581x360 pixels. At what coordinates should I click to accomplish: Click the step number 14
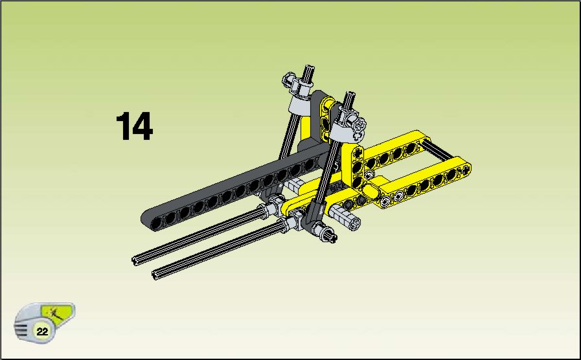(x=135, y=126)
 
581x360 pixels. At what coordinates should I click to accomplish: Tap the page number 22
(x=42, y=332)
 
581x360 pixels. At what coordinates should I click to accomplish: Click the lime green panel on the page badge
(x=56, y=313)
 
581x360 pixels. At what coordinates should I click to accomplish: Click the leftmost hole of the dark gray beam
(x=157, y=223)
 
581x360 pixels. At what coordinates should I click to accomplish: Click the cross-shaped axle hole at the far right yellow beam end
(x=464, y=170)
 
